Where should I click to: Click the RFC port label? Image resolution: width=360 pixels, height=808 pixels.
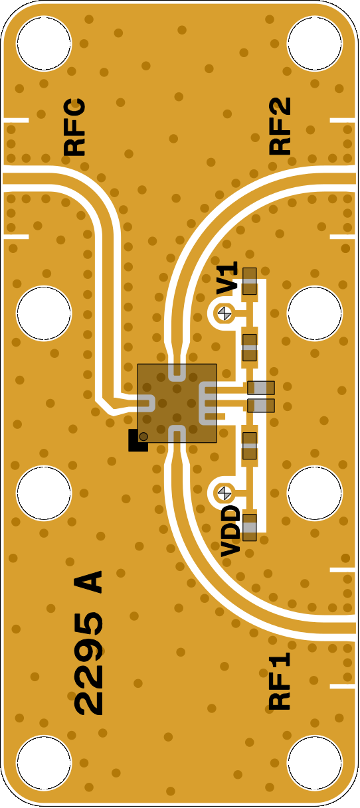74,127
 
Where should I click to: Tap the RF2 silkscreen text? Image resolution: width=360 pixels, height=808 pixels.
280,126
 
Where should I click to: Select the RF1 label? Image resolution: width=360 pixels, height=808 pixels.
280,681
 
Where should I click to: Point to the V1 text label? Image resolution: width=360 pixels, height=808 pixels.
227,278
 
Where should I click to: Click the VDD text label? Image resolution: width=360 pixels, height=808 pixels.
230,531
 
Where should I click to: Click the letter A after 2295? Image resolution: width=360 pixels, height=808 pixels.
88,582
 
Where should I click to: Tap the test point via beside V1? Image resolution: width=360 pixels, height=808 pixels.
225,313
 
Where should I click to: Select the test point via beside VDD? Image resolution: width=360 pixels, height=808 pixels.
225,493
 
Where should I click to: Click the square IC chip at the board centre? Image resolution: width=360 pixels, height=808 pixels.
177,403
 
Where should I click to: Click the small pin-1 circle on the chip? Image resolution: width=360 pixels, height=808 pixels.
143,436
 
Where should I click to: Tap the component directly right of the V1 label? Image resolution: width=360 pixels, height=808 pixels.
250,281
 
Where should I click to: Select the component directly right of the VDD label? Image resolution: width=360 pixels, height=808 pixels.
250,527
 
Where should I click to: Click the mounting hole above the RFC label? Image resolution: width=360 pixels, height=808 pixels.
44,43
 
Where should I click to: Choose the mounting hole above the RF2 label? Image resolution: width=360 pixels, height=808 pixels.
315,43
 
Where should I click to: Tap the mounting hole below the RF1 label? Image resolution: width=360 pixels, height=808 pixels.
315,764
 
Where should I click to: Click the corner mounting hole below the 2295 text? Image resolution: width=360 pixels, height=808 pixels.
44,764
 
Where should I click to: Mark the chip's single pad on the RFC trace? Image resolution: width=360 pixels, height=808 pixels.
146,404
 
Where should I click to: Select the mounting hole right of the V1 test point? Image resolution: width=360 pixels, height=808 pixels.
315,313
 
